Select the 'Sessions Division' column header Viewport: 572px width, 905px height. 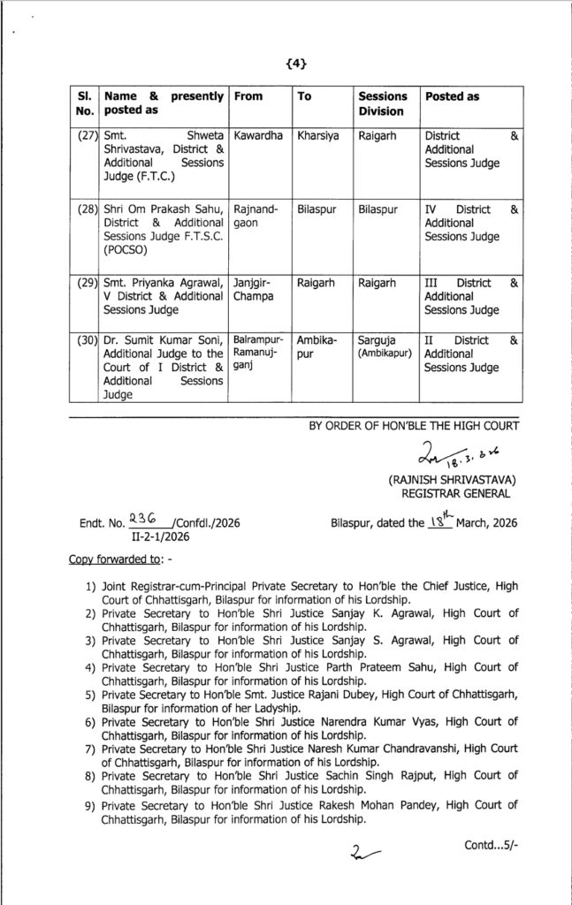pos(382,103)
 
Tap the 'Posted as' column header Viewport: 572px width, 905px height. pos(452,95)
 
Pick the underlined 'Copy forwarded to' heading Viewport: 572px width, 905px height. pos(103,561)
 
